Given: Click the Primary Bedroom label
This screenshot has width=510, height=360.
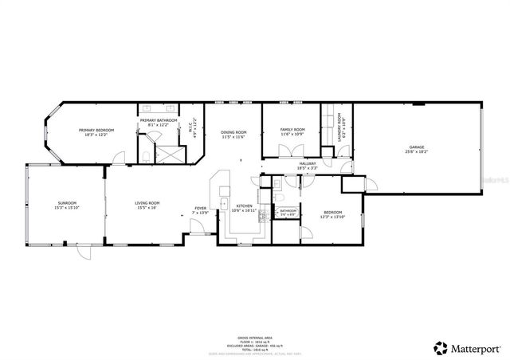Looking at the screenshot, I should click(96, 130).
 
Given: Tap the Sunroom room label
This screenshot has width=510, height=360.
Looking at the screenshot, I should click(66, 203).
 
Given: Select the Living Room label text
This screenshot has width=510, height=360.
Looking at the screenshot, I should click(147, 203).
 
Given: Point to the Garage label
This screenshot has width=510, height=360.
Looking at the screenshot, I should click(417, 147).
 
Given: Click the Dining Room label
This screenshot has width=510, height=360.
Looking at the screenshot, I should click(233, 132).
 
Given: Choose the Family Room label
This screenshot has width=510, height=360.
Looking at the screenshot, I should click(292, 130).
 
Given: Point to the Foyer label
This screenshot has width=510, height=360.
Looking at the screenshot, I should click(200, 209).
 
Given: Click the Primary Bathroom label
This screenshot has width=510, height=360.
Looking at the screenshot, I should click(159, 120).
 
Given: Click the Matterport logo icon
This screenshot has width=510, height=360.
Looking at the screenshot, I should click(440, 347).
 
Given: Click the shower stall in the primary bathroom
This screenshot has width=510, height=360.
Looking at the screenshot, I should click(167, 152).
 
